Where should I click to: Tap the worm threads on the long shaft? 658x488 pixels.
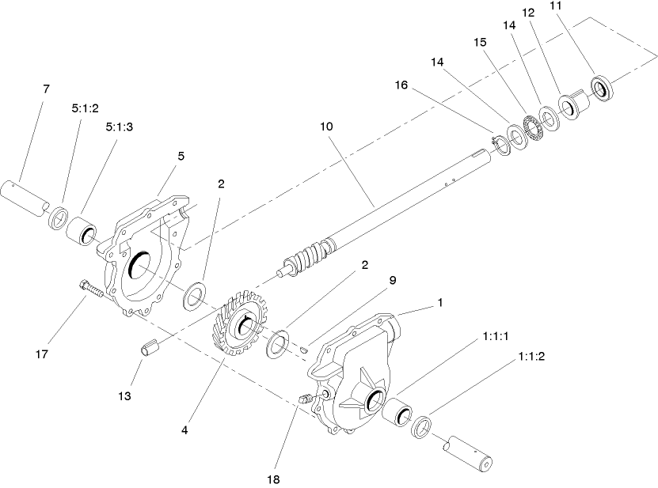[x=310, y=259]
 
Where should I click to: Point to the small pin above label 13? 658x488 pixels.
[x=150, y=346]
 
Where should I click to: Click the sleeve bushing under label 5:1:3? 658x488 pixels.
[x=82, y=230]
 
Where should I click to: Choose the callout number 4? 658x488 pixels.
[x=184, y=430]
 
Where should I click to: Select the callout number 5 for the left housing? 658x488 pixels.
[x=181, y=157]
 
